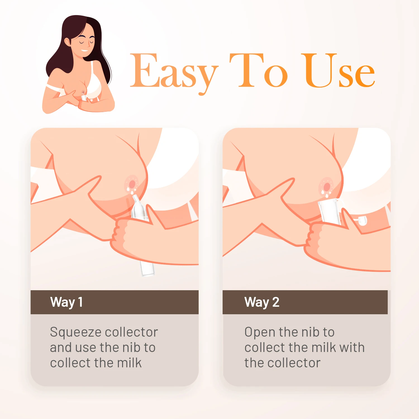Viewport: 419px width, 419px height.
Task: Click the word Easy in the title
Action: [174, 71]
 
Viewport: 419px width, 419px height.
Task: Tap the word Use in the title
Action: [339, 71]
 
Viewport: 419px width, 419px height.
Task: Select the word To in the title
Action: [258, 71]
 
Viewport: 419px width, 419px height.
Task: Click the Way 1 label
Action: [66, 302]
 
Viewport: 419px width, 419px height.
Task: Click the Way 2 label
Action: [262, 302]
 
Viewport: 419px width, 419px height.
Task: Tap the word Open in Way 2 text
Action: [260, 332]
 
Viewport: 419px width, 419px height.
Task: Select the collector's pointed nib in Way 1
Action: [136, 200]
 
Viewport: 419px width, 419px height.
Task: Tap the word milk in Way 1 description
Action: [129, 363]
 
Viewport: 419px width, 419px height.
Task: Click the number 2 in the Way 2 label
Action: [276, 302]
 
